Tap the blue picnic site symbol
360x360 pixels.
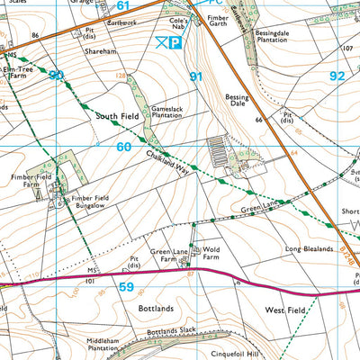(x=161, y=41)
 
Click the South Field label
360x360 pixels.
(x=114, y=116)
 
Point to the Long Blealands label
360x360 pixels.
(x=310, y=248)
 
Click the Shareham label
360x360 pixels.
(x=101, y=52)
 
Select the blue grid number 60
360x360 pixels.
(x=123, y=147)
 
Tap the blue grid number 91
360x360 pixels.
(x=195, y=77)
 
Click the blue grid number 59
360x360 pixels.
(x=126, y=288)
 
